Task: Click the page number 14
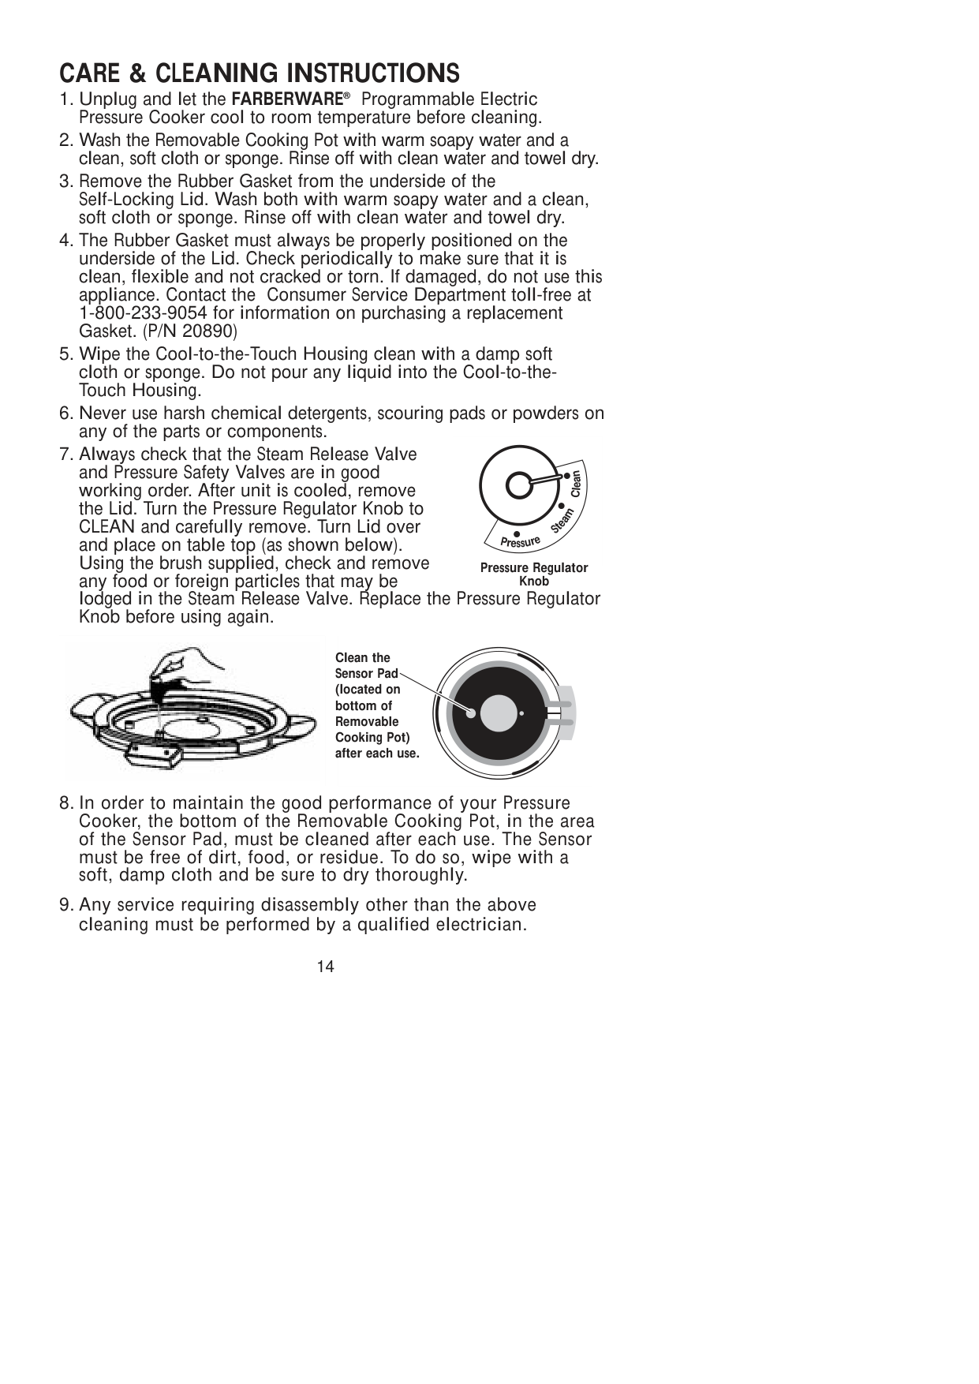pos(326,967)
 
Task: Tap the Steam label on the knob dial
pos(561,522)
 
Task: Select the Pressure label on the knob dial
pos(521,543)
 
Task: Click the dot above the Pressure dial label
pos(516,533)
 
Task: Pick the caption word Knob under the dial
pos(534,581)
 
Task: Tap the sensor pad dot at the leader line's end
pos(470,713)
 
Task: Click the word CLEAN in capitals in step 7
pos(106,526)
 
